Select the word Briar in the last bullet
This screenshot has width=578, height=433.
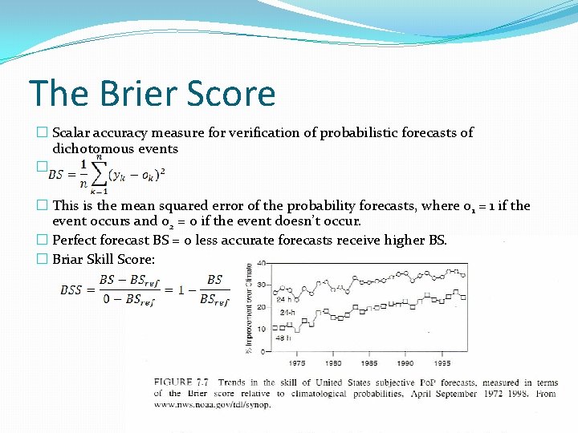tap(69, 259)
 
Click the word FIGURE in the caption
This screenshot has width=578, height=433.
tap(172, 382)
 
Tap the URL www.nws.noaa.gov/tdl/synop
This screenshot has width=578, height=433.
tap(213, 404)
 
